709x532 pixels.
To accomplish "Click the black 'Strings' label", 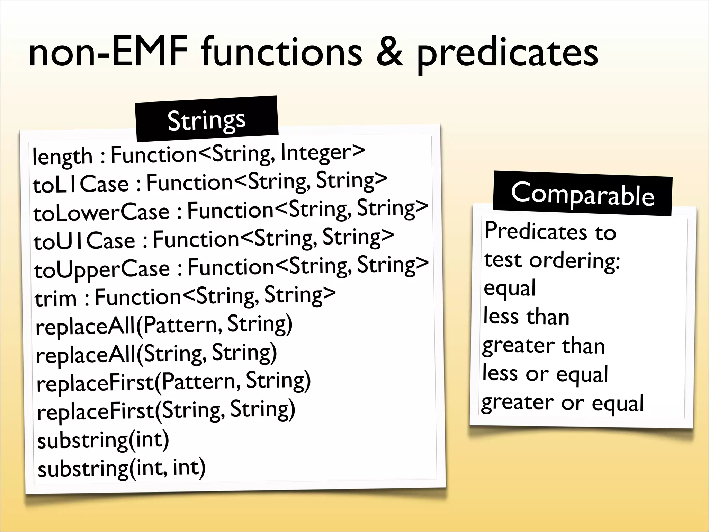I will pos(207,120).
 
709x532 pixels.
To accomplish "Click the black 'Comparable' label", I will pos(582,194).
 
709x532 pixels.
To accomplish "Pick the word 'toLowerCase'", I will pos(101,212).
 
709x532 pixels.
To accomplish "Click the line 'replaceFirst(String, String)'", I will pos(166,410).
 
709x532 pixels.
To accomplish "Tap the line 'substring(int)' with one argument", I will pos(103,440).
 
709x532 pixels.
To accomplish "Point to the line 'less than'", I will pos(526,317).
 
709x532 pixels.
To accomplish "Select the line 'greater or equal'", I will pos(562,403).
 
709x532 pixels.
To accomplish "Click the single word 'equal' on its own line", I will pos(509,289).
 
